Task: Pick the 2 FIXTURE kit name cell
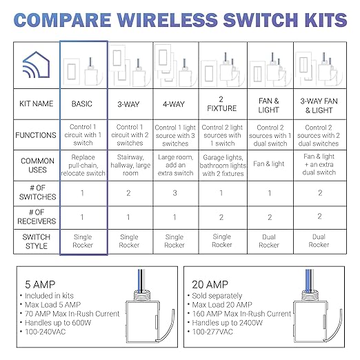(221, 103)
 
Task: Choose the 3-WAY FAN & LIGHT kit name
(319, 103)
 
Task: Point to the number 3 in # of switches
(174, 194)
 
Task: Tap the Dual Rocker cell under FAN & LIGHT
(270, 240)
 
